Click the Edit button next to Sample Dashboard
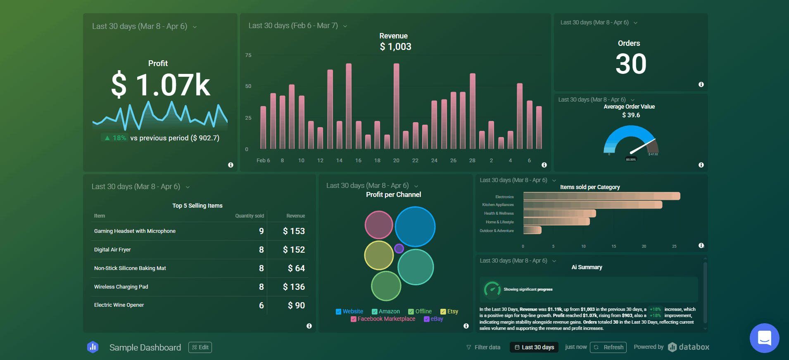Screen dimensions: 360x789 (200, 347)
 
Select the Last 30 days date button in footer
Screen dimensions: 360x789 (534, 347)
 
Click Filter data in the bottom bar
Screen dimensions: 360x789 (483, 347)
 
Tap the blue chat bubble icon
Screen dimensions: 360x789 (764, 338)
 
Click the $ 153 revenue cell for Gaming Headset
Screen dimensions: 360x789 (294, 231)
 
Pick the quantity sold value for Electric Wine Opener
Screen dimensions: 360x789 (261, 306)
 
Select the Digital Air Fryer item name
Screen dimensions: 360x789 (112, 250)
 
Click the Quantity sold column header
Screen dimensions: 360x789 (249, 216)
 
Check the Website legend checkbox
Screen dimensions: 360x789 (339, 312)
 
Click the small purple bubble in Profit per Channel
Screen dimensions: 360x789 (399, 249)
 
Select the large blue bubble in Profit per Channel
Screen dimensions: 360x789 (415, 227)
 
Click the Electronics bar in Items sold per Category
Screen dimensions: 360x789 (601, 196)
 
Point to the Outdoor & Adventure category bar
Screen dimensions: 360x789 (532, 230)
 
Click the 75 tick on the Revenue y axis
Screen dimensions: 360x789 (248, 55)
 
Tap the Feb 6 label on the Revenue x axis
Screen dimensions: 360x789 (263, 161)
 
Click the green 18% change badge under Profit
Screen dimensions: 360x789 (115, 138)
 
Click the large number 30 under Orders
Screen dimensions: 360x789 (631, 64)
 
